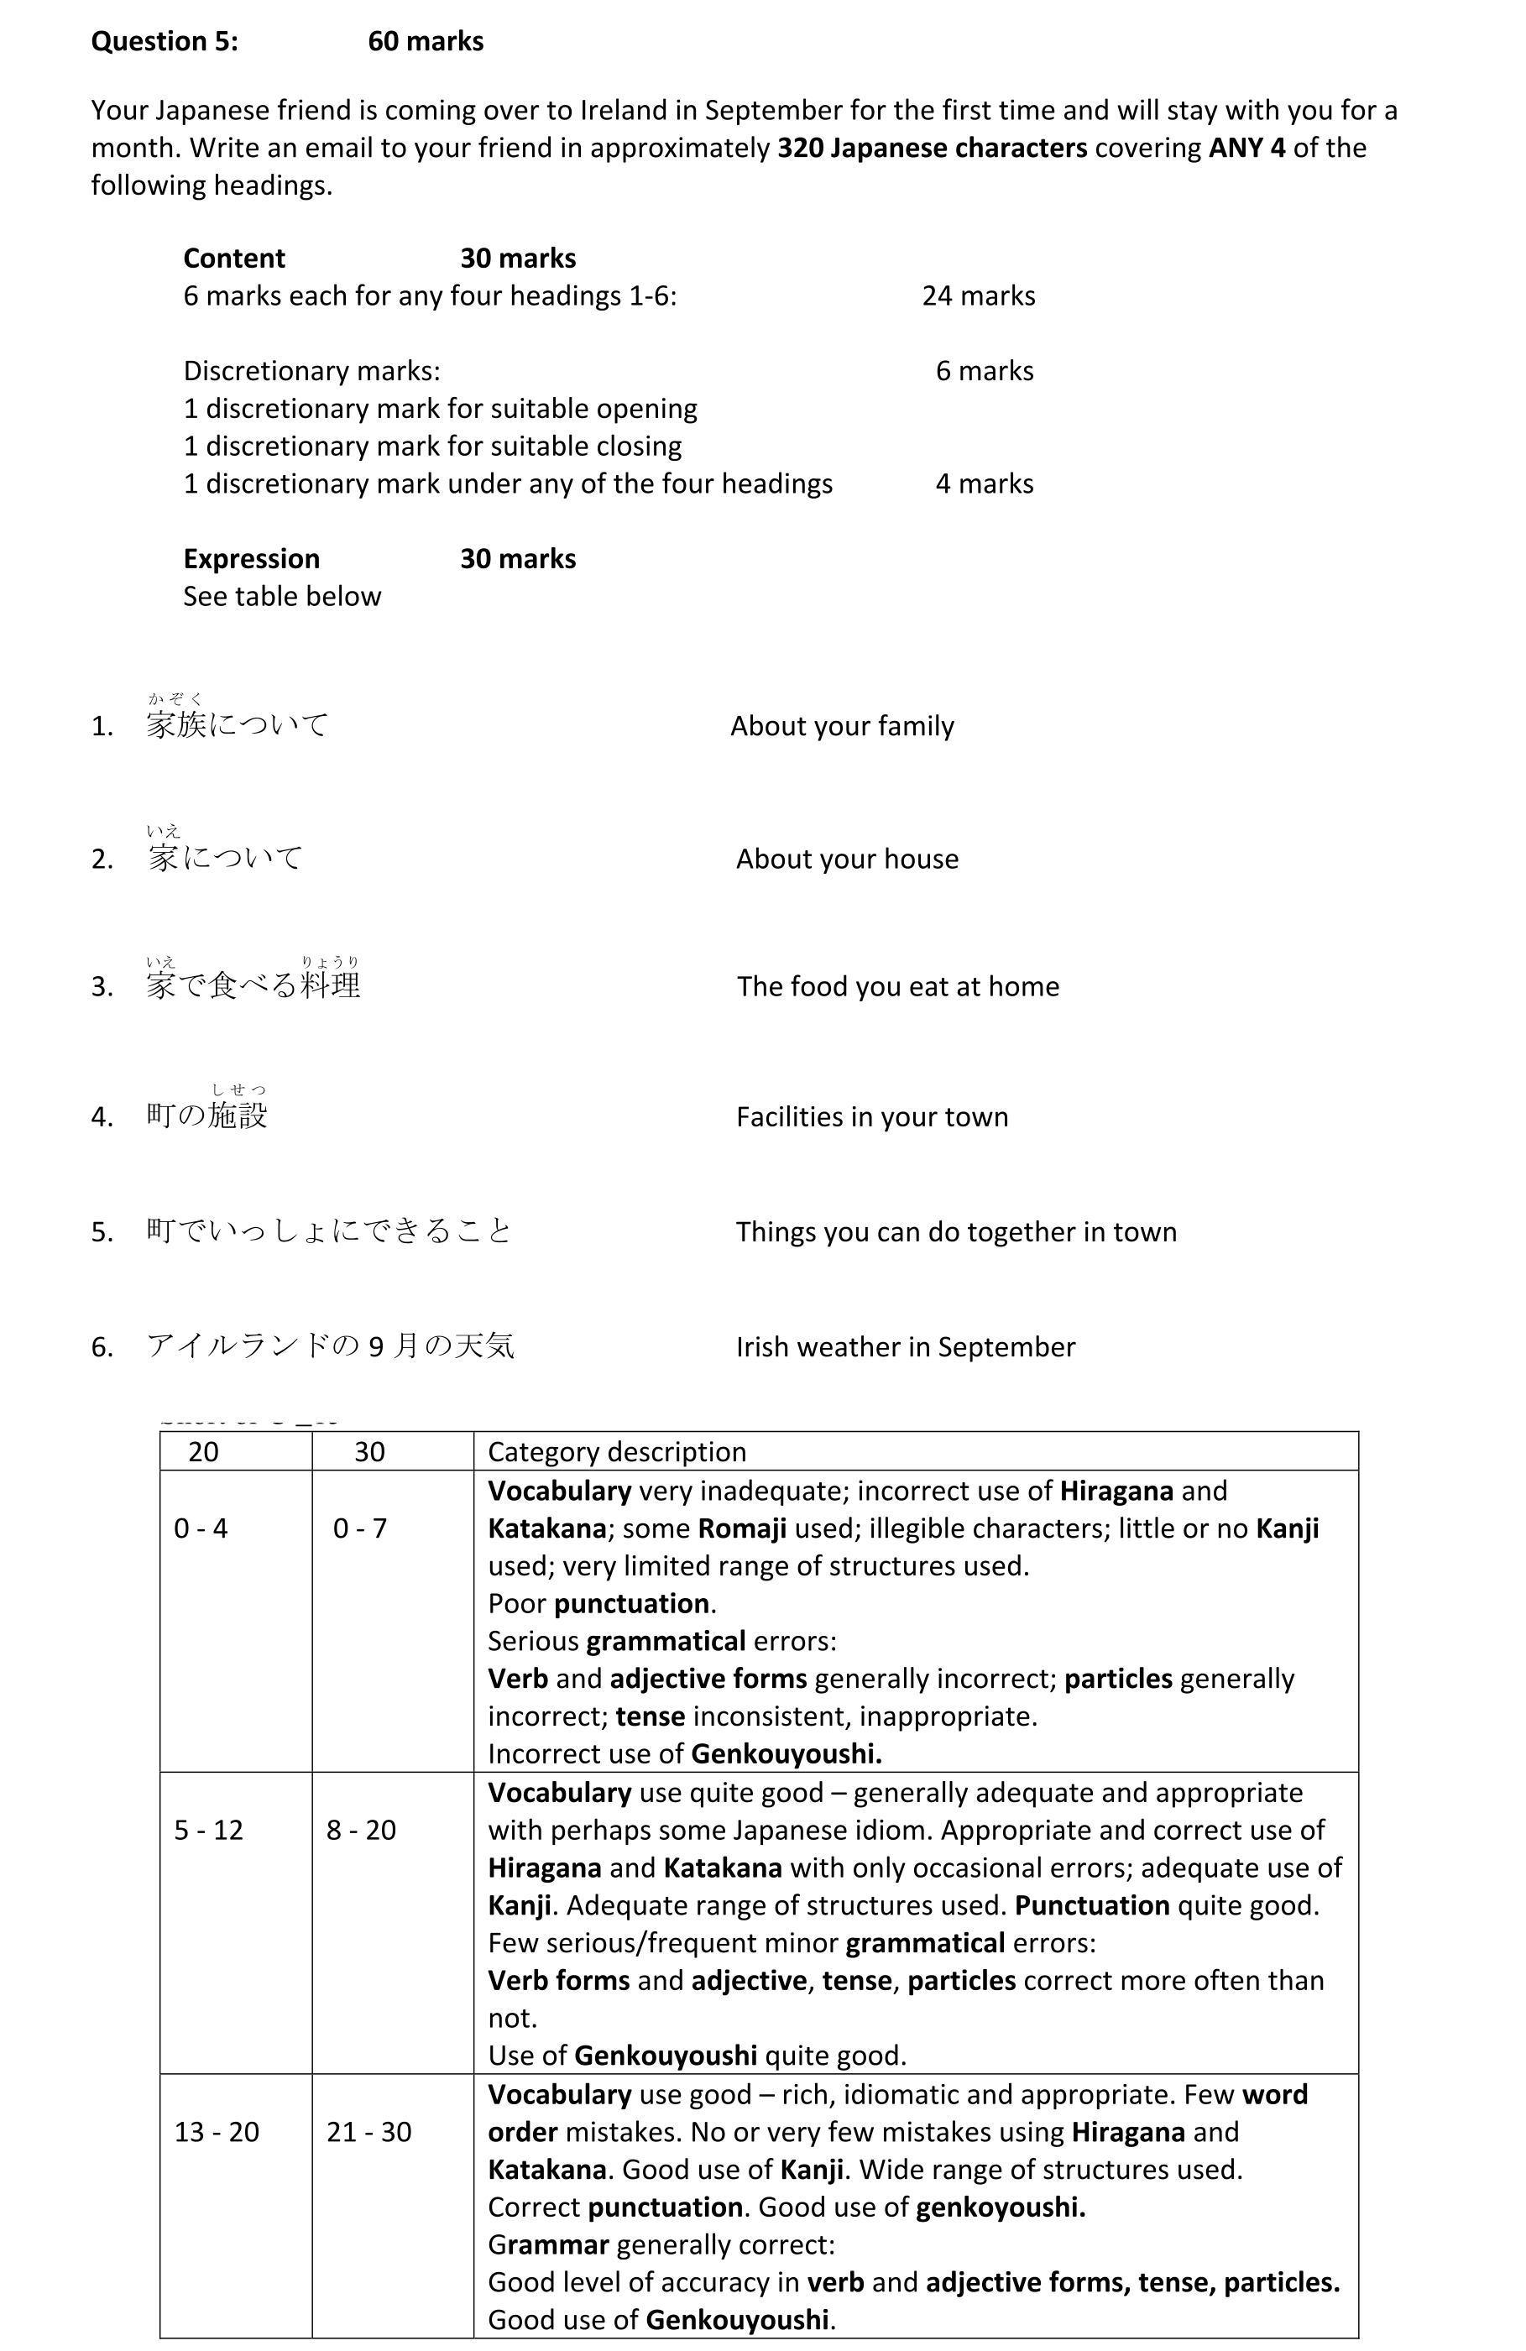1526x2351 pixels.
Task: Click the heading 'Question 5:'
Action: click(164, 41)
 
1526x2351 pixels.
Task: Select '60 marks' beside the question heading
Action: click(425, 41)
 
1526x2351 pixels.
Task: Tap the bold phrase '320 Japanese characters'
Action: click(932, 149)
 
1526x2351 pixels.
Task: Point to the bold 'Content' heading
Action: click(234, 259)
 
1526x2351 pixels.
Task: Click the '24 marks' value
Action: click(978, 296)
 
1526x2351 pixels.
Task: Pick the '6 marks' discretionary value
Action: click(984, 372)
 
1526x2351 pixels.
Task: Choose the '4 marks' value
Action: click(984, 484)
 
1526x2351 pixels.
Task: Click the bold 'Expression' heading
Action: click(251, 559)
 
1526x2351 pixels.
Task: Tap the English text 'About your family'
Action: click(842, 726)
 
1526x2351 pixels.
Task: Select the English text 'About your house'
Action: click(846, 859)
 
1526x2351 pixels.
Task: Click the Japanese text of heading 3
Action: click(253, 985)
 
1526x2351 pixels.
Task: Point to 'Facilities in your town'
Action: click(871, 1117)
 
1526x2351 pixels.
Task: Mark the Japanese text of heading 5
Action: click(328, 1230)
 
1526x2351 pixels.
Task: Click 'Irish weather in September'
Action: click(905, 1347)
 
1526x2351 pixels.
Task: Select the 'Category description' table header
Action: click(616, 1452)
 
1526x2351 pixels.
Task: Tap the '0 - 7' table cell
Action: click(359, 1529)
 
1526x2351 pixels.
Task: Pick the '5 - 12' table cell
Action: click(207, 1831)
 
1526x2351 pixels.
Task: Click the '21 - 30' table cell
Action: click(368, 2132)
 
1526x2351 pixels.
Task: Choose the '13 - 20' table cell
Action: click(217, 2132)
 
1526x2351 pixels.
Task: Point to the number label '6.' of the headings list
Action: click(102, 1347)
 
